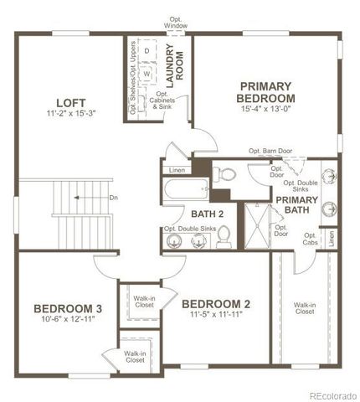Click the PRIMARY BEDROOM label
click(265, 92)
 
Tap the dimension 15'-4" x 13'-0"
click(265, 108)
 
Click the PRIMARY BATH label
click(297, 205)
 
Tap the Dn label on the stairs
click(114, 198)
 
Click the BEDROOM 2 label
click(216, 303)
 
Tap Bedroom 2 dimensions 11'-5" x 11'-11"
click(216, 316)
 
